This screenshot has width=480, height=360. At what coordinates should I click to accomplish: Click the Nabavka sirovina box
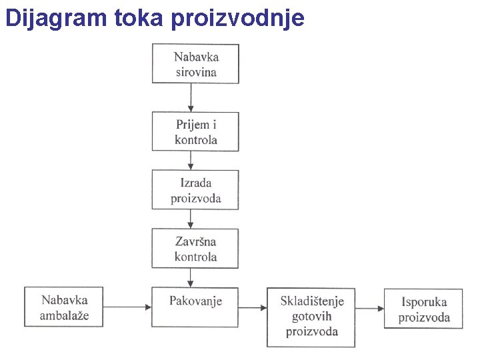pos(195,64)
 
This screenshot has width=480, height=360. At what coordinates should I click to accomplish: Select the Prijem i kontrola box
pos(195,131)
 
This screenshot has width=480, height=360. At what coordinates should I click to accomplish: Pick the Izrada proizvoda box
pos(195,190)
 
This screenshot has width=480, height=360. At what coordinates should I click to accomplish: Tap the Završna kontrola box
pos(195,249)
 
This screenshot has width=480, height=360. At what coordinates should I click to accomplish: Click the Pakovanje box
pos(195,307)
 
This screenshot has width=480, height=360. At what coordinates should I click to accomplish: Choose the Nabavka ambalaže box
pos(65,307)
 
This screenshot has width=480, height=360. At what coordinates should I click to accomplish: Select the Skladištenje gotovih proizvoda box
pos(311,317)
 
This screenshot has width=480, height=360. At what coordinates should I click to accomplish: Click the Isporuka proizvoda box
pos(424,309)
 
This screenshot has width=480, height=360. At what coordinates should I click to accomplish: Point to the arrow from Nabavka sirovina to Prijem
pos(191,97)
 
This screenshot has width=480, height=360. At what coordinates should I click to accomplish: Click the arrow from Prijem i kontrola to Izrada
pos(191,160)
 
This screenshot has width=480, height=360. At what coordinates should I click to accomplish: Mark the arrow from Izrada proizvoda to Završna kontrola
pos(191,219)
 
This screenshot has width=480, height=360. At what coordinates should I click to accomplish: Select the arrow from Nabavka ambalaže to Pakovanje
pos(129,307)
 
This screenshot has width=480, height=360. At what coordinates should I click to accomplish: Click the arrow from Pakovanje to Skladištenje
pos(253,307)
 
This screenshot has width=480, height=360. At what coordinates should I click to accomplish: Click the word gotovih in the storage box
pos(311,317)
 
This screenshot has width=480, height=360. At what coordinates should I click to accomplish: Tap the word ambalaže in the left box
pos(65,315)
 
